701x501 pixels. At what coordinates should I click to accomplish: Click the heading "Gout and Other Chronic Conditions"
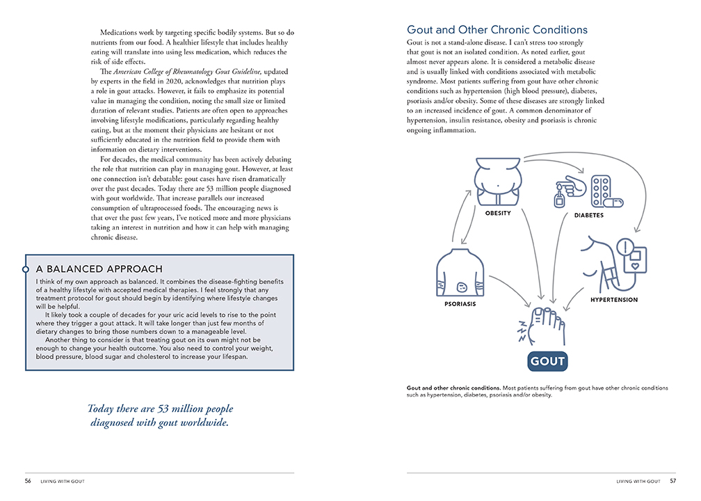[x=497, y=30]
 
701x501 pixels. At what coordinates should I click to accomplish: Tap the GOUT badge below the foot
[x=548, y=361]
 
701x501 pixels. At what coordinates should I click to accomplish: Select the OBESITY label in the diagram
[x=498, y=213]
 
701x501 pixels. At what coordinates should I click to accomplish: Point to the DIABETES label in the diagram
[x=588, y=215]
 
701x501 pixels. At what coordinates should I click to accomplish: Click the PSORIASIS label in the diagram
[x=459, y=304]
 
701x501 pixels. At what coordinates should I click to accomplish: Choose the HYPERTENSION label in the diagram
[x=613, y=300]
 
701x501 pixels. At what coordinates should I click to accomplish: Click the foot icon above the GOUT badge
[x=546, y=326]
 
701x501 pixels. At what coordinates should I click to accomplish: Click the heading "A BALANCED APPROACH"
[x=99, y=269]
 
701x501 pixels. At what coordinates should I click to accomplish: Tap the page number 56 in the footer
[x=28, y=481]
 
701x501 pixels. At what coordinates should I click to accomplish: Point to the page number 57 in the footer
[x=672, y=481]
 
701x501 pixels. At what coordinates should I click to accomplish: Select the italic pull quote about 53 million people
[x=161, y=415]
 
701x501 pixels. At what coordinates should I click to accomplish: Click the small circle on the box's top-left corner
[x=25, y=269]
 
